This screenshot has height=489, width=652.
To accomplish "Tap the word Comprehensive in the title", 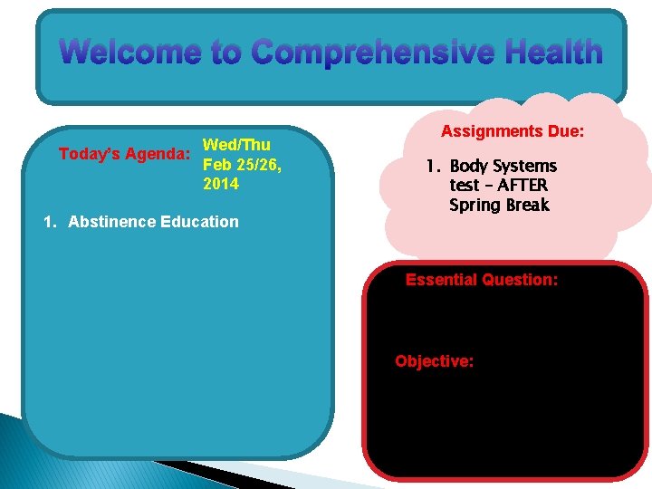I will pyautogui.click(x=373, y=53).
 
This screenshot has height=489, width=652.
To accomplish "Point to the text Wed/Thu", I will pyautogui.click(x=236, y=145).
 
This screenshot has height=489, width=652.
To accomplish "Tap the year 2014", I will pyautogui.click(x=221, y=185).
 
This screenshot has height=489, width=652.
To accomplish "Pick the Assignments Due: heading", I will pyautogui.click(x=513, y=132).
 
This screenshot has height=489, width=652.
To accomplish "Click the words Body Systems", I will pyautogui.click(x=503, y=167).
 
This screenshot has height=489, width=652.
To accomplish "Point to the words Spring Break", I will pyautogui.click(x=499, y=206).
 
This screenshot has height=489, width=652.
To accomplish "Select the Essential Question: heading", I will pyautogui.click(x=482, y=280).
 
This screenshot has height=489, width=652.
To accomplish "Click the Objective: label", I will pyautogui.click(x=434, y=361).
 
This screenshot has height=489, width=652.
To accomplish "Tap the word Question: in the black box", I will pyautogui.click(x=521, y=280).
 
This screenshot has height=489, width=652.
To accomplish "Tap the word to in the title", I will pyautogui.click(x=222, y=53).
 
